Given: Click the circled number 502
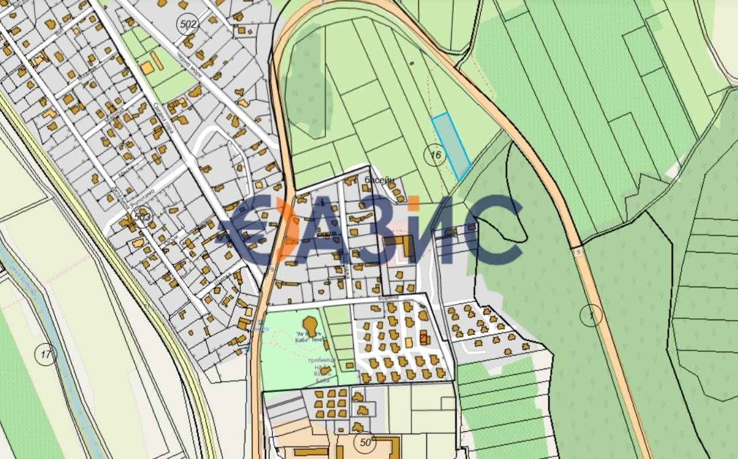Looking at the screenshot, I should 189,25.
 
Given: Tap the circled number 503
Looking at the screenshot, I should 141,216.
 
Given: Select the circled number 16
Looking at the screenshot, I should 435,155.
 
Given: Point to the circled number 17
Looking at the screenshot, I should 46,355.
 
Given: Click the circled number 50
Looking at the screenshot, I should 365,443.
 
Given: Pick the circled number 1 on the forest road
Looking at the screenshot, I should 591,315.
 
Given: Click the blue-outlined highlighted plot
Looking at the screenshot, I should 451,146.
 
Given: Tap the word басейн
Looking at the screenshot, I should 379,180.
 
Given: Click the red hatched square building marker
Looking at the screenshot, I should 424,338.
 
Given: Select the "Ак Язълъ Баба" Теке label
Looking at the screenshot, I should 308,336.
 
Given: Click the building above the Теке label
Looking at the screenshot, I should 310,323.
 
